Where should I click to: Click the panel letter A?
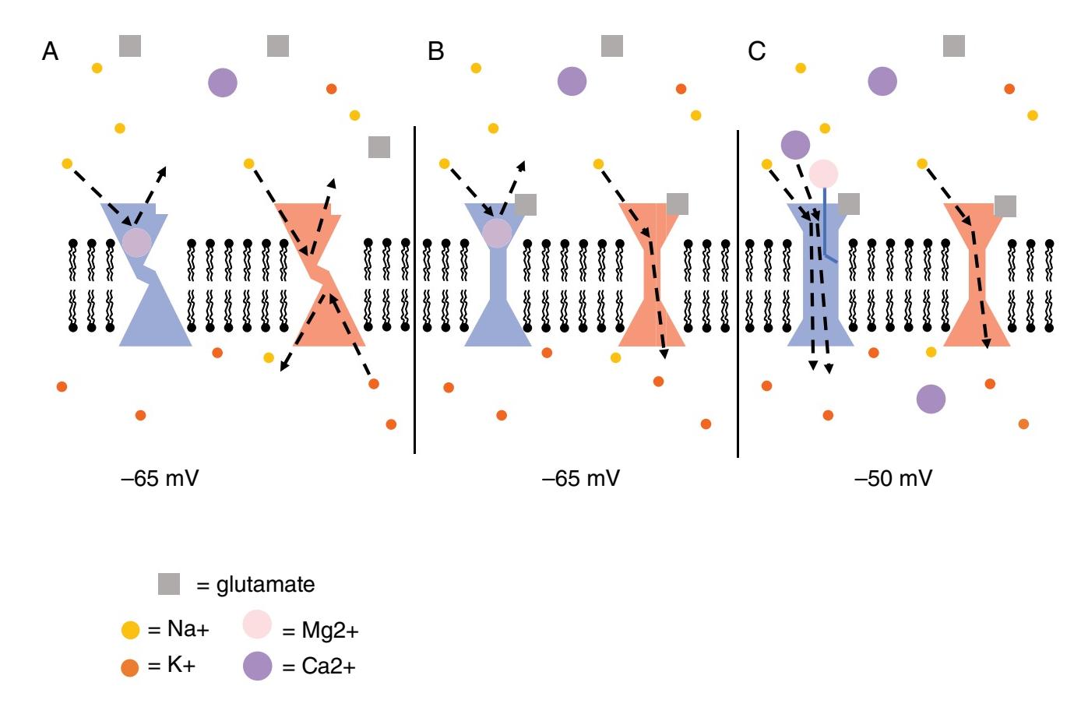click(x=50, y=51)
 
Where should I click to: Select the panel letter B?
click(x=435, y=51)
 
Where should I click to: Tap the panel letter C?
click(x=756, y=51)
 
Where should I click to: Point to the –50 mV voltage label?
click(x=893, y=477)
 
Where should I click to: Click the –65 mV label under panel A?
click(x=160, y=477)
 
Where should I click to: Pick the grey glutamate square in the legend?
click(x=169, y=584)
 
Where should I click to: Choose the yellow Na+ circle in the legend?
click(x=130, y=629)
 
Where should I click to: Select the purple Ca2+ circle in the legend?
click(x=257, y=666)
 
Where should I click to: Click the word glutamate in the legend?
click(x=265, y=584)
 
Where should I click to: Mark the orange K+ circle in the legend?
click(x=130, y=667)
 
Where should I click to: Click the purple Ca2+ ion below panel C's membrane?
click(x=931, y=399)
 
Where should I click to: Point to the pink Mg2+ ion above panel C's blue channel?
click(x=823, y=174)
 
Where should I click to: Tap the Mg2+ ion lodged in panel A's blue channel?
click(x=136, y=242)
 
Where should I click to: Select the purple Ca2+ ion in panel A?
click(x=223, y=82)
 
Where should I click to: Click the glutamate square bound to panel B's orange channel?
click(x=678, y=204)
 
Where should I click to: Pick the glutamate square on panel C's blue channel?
click(x=848, y=204)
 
